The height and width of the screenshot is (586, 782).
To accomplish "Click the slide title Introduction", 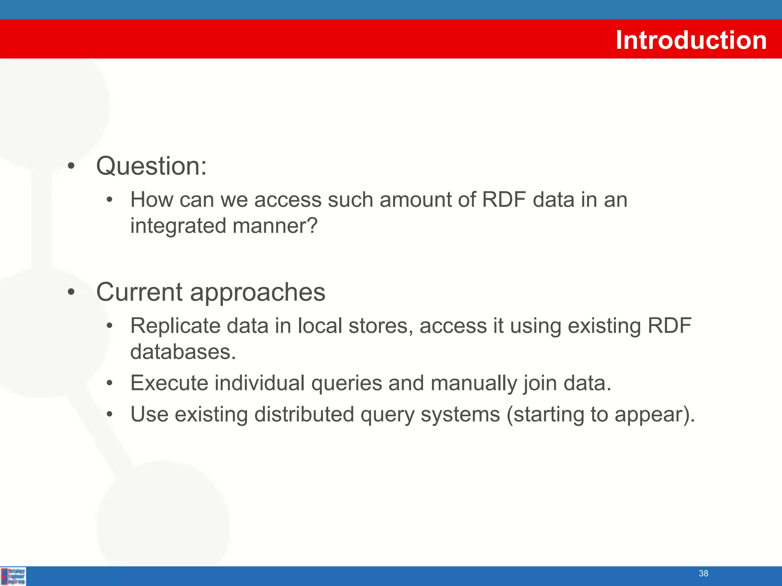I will (691, 40).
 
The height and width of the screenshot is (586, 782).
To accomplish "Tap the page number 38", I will (703, 573).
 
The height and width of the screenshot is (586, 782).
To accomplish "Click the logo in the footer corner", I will (13, 576).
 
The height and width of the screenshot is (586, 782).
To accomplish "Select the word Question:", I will (151, 166).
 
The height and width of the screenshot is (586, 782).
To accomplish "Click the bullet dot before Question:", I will (71, 166).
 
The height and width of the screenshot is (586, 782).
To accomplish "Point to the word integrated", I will (178, 226).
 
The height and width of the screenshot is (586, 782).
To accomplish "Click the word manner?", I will (275, 226).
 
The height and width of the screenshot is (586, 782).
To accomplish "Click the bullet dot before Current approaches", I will (71, 292).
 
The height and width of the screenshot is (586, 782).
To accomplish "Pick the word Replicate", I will (175, 326).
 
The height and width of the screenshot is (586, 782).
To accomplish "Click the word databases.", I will (183, 352).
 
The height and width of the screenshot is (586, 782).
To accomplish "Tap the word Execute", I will (169, 383).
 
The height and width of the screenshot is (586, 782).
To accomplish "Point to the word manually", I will (473, 383).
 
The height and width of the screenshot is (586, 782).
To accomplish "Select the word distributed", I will (304, 414).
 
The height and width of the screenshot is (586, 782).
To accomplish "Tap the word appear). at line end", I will (654, 415).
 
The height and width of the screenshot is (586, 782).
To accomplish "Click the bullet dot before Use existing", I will (110, 414).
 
